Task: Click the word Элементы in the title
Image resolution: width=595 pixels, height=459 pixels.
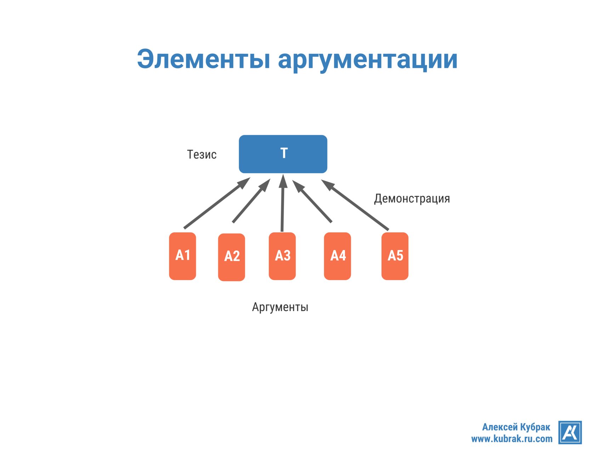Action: pyautogui.click(x=203, y=59)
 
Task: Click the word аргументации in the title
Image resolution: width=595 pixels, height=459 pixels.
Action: pyautogui.click(x=368, y=59)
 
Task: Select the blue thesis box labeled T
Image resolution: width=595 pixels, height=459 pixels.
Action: pyautogui.click(x=283, y=154)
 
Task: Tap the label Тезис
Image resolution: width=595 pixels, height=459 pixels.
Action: pyautogui.click(x=202, y=155)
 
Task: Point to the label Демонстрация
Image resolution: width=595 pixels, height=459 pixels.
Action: pyautogui.click(x=412, y=198)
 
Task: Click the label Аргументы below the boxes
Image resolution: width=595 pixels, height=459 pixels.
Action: pyautogui.click(x=280, y=307)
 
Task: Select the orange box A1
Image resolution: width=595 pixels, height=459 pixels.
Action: pyautogui.click(x=182, y=256)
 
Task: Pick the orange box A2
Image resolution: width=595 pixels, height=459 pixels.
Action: pyautogui.click(x=232, y=257)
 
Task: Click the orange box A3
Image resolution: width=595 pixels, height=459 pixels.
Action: pyautogui.click(x=282, y=256)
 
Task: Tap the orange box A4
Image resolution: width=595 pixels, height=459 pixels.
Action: pyautogui.click(x=338, y=256)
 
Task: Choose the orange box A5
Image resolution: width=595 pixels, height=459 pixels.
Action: pyautogui.click(x=395, y=256)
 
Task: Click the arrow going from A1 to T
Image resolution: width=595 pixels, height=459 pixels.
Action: pyautogui.click(x=212, y=207)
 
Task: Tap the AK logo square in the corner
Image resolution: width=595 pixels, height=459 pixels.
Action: pyautogui.click(x=570, y=432)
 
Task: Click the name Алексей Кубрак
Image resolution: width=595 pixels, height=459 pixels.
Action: pyautogui.click(x=516, y=427)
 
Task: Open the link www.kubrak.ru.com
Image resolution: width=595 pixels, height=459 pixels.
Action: pyautogui.click(x=511, y=439)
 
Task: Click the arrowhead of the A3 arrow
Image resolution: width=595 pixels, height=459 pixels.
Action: pyautogui.click(x=283, y=181)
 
